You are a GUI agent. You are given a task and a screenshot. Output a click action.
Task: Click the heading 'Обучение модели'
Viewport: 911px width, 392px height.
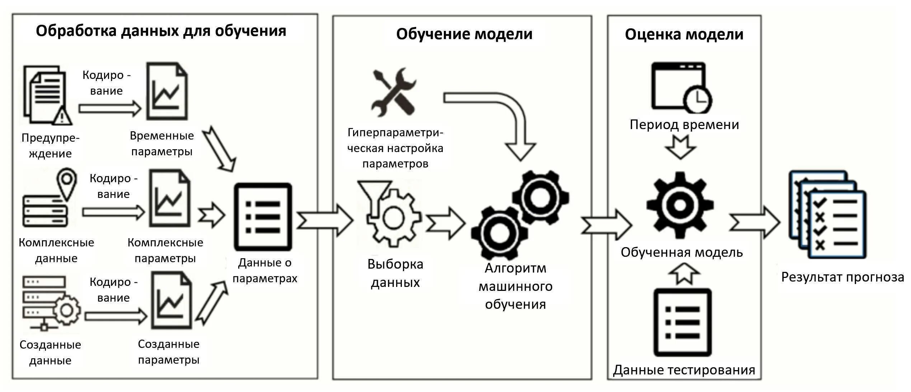coord(464,34)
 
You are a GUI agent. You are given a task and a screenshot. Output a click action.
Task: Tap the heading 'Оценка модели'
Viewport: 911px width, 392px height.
coord(684,34)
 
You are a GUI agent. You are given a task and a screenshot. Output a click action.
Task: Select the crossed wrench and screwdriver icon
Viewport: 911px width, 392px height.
coord(394,92)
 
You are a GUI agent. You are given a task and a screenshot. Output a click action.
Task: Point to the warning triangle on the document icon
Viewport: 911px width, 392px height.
coord(63,116)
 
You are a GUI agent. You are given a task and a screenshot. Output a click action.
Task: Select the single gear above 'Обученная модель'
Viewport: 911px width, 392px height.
coord(680,205)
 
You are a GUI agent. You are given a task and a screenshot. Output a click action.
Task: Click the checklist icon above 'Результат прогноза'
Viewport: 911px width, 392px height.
coord(827,215)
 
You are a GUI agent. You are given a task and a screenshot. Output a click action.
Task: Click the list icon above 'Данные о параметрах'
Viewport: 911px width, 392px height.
coord(263,217)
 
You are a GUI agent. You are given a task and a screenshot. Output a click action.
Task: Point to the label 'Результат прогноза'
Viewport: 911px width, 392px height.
coord(842,277)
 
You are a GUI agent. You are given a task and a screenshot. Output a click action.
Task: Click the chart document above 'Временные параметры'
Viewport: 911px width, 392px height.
coord(167,91)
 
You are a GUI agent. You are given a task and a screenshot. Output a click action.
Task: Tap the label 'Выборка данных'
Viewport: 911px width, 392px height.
coord(395,273)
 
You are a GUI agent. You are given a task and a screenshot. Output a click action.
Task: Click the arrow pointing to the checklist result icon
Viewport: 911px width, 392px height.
coord(754,222)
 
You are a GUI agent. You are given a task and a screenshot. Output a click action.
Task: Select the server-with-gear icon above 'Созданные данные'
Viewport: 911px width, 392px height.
coord(50,303)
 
